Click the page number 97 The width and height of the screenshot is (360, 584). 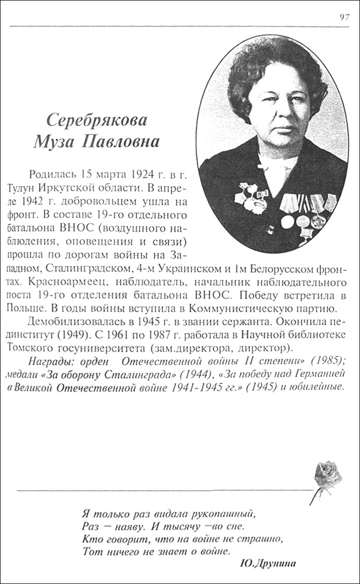point(345,16)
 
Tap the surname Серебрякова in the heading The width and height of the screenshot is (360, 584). point(97,120)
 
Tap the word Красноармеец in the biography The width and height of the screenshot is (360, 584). point(59,284)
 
